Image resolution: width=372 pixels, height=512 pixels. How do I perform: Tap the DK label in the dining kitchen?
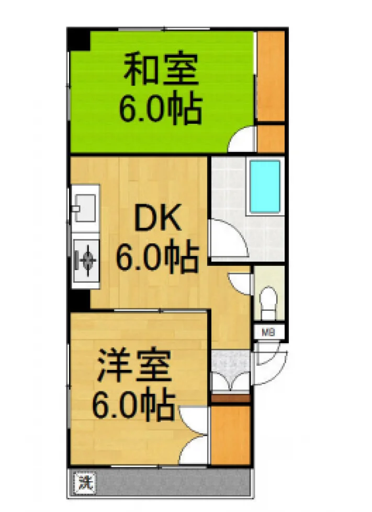pyautogui.click(x=157, y=219)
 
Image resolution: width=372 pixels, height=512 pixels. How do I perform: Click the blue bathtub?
pyautogui.click(x=265, y=187)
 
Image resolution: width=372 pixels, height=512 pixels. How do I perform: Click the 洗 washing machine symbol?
pyautogui.click(x=85, y=482)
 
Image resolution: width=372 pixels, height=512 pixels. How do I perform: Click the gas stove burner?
pyautogui.click(x=86, y=260)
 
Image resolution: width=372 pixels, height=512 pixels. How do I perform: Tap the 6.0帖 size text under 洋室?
pyautogui.click(x=132, y=405)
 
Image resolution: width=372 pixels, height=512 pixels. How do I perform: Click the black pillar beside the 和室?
pyautogui.click(x=78, y=40)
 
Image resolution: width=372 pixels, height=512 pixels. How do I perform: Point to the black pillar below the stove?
pyautogui.click(x=80, y=300)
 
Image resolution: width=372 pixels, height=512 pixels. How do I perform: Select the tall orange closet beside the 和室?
pyautogui.click(x=270, y=76)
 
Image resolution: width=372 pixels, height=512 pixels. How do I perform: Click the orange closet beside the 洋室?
pyautogui.click(x=230, y=435)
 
